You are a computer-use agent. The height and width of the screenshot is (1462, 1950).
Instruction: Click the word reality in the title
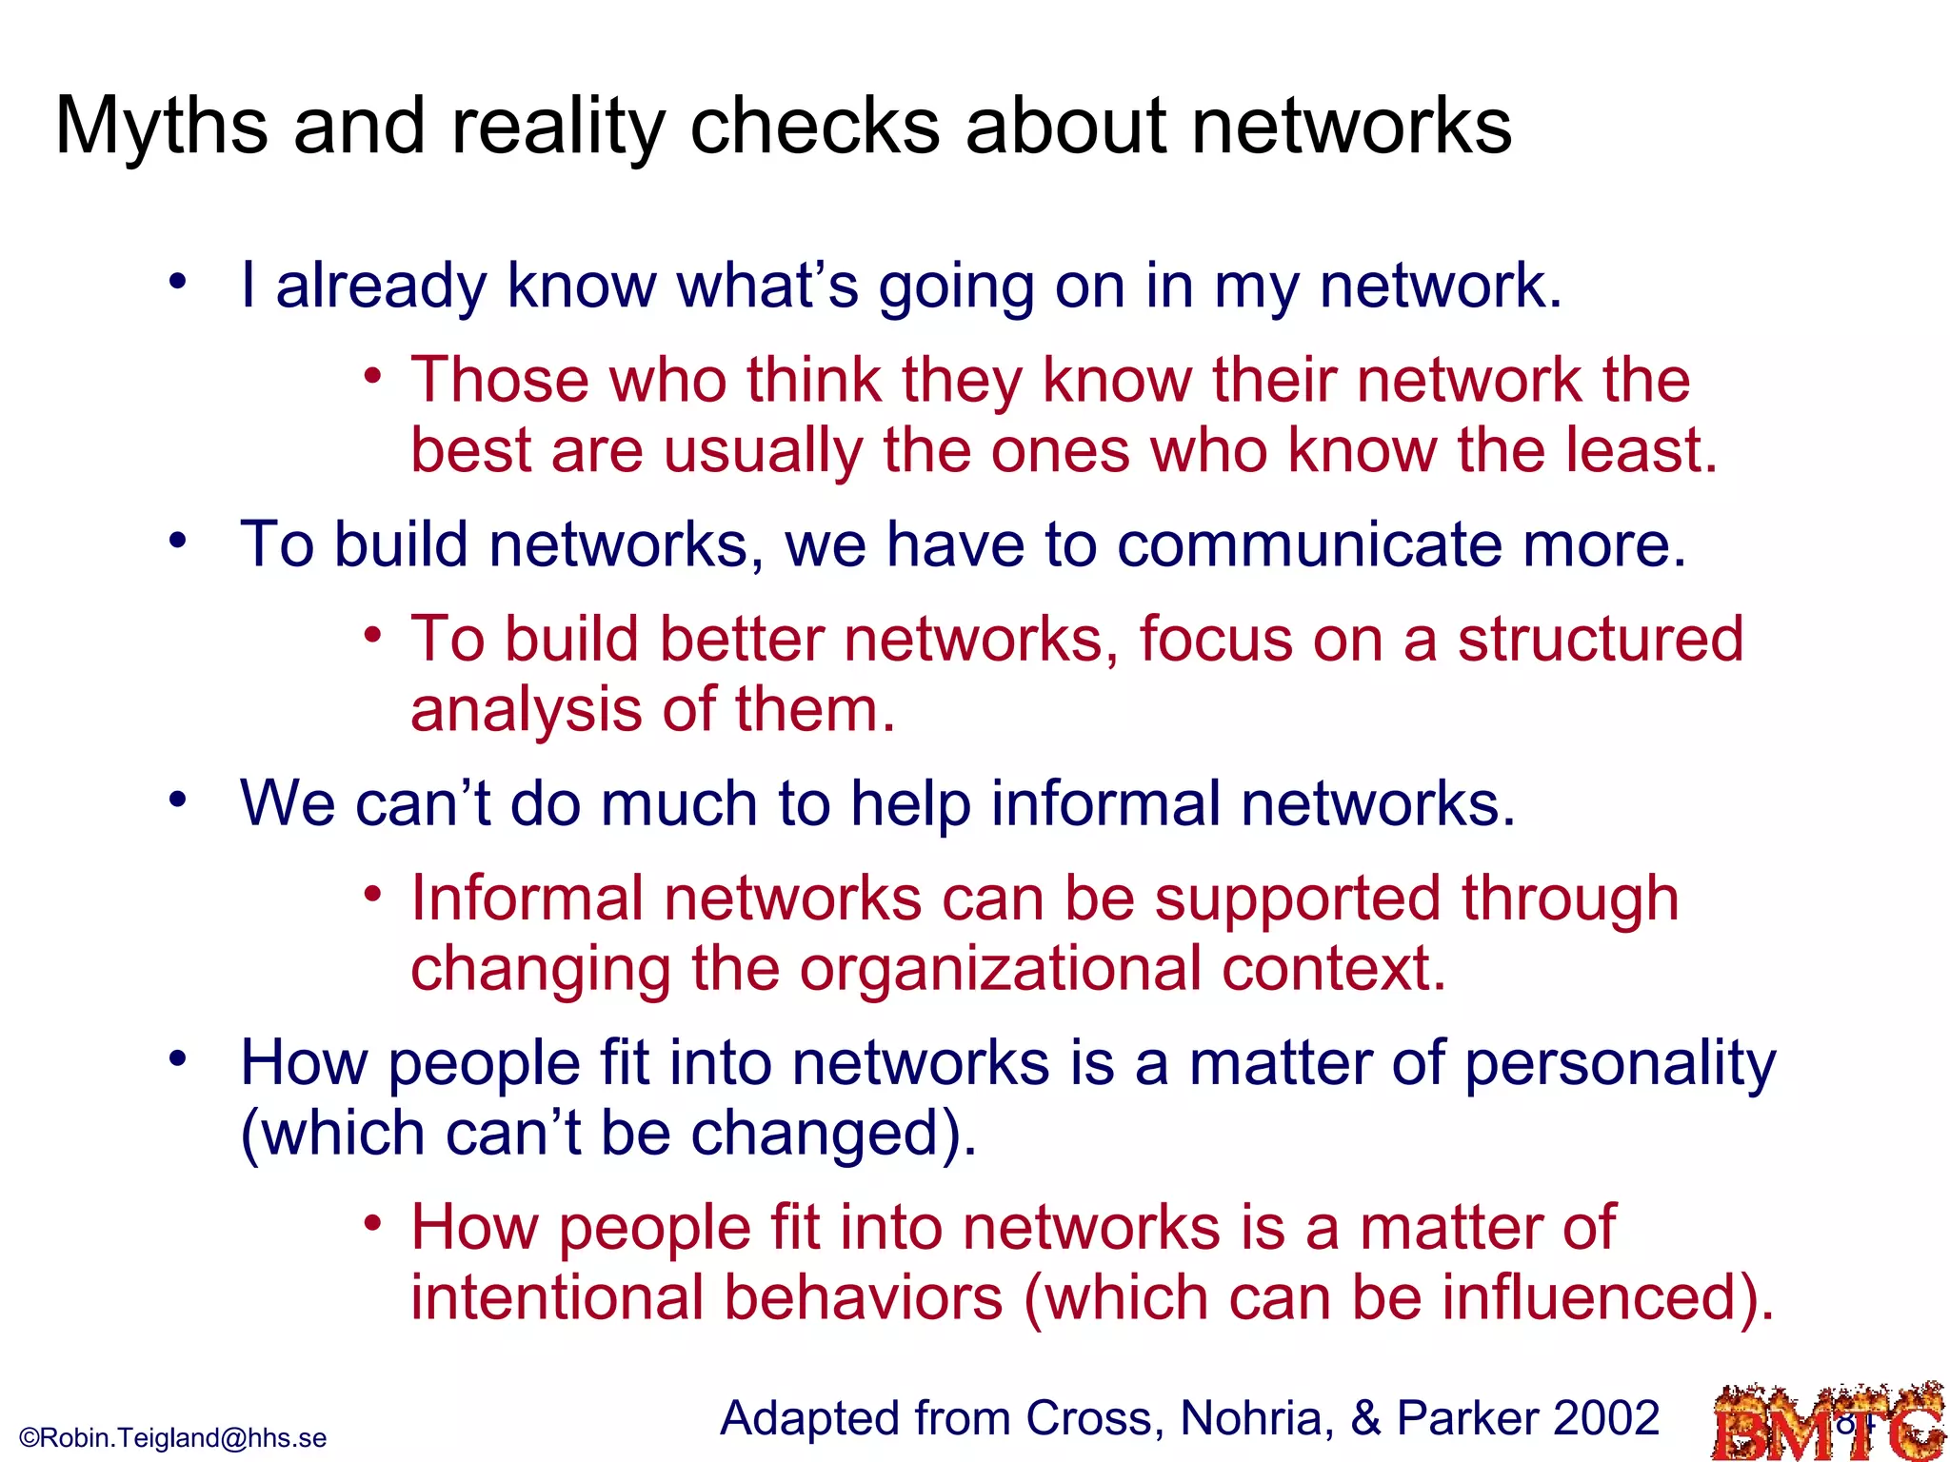click(558, 128)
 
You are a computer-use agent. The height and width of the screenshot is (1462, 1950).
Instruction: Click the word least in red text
click(1641, 450)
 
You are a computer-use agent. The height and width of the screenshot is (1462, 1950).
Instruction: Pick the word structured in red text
click(1601, 639)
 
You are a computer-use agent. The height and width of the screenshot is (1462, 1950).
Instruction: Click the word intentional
click(557, 1298)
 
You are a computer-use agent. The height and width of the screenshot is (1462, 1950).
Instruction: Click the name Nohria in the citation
click(1252, 1418)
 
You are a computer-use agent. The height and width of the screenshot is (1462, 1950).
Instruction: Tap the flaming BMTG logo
click(1828, 1424)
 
